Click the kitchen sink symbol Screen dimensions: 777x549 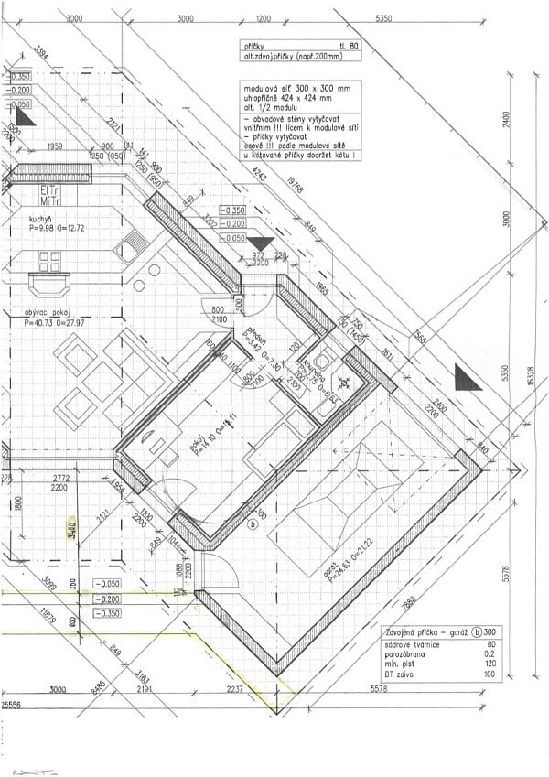134,243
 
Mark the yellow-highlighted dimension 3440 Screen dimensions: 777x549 72,529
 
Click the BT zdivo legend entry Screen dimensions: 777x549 402,674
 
